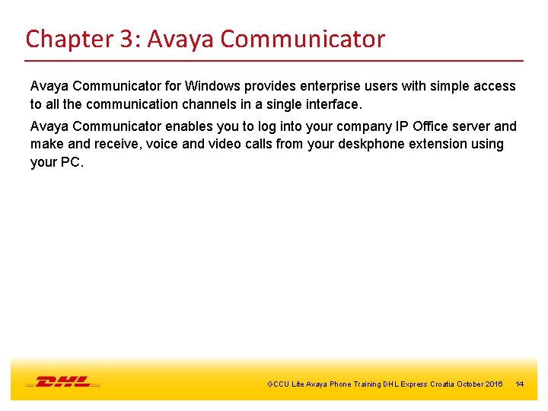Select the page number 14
[520, 384]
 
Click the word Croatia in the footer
[441, 384]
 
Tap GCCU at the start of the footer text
[278, 384]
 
